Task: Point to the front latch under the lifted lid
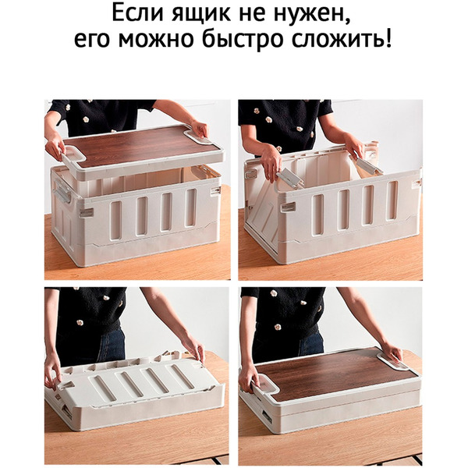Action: (x=85, y=212)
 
